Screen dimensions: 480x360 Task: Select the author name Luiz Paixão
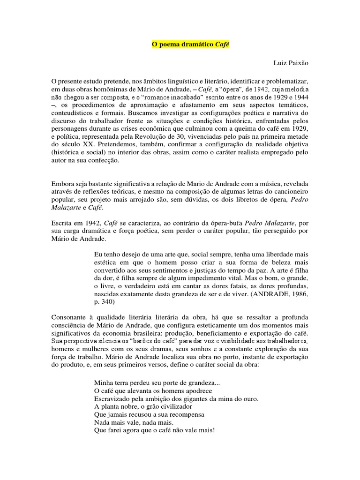tap(291, 62)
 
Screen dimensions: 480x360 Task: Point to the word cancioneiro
tap(288, 193)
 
